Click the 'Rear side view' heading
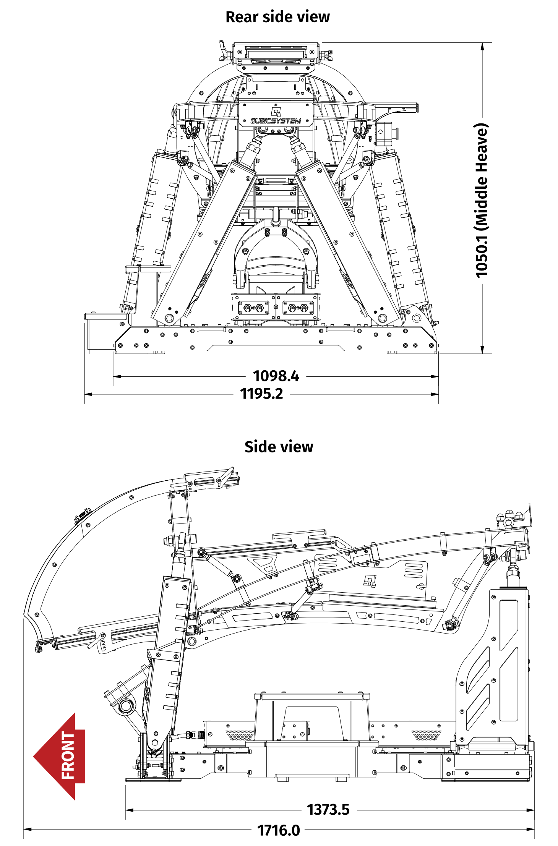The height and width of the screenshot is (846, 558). pos(277,17)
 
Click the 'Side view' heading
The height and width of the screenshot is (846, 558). pos(279,447)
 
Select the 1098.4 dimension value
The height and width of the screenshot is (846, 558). pos(276,376)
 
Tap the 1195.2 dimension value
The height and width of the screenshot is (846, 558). pos(261,394)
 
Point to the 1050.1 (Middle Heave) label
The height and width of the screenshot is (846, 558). pos(482,200)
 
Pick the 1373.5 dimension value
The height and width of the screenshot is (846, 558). pos(328,809)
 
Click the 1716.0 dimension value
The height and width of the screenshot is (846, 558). pos(279,830)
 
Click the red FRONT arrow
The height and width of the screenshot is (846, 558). pos(61,756)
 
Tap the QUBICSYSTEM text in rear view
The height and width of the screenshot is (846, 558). pos(276,121)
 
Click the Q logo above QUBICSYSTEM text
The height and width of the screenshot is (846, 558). pos(276,112)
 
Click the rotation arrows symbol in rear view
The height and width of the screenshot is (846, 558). pos(416,318)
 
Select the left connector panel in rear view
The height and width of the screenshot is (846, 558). pos(253,307)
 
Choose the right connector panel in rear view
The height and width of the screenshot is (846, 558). pos(298,307)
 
